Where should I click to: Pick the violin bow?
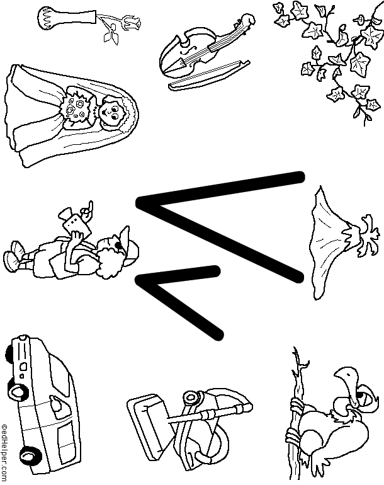coord(209,75)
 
